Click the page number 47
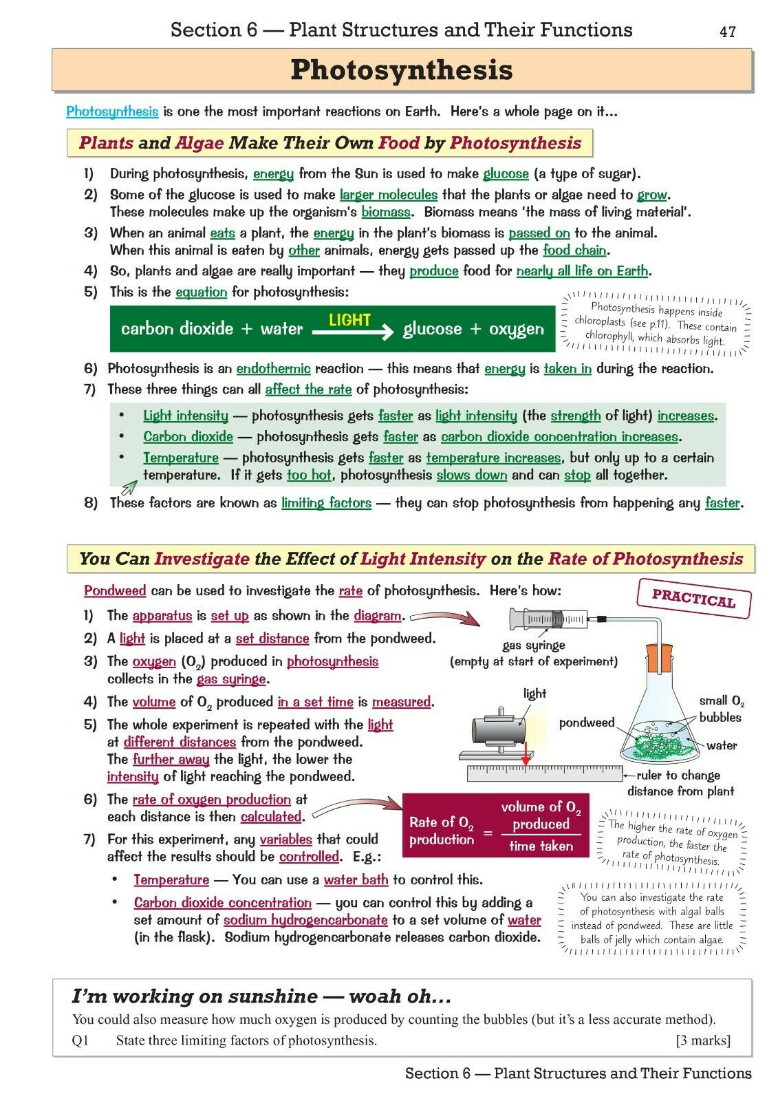727,32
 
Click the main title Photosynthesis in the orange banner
402,70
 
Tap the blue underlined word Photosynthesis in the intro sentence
112,111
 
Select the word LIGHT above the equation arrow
349,320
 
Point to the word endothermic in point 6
273,369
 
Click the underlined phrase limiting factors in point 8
326,503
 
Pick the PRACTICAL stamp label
693,598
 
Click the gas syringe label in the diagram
534,645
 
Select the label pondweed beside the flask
586,723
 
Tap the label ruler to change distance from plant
680,783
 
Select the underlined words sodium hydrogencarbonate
305,920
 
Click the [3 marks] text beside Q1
702,1040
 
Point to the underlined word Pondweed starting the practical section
115,591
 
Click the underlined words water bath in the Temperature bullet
356,880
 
